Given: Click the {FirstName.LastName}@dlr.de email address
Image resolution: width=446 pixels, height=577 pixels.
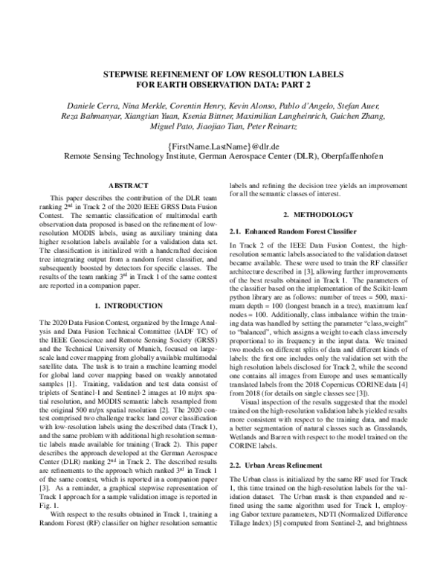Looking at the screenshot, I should tap(222, 146).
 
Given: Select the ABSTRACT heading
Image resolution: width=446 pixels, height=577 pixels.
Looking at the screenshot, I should tap(129, 185).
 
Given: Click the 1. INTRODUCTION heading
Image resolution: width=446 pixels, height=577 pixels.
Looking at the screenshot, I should tap(129, 306).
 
